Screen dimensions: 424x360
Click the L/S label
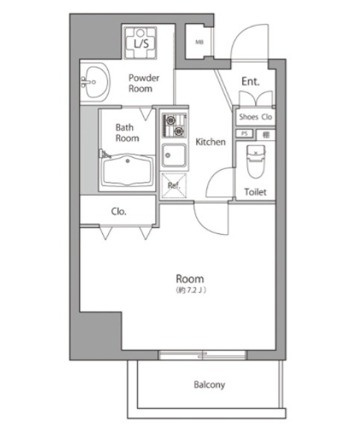pyautogui.click(x=139, y=45)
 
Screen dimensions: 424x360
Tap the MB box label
pyautogui.click(x=199, y=42)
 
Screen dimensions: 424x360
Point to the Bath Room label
pyautogui.click(x=127, y=133)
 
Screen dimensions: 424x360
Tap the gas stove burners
pyautogui.click(x=173, y=125)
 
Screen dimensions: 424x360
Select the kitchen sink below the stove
pyautogui.click(x=174, y=156)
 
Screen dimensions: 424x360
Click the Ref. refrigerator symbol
pyautogui.click(x=174, y=185)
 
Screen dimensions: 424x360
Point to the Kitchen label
pyautogui.click(x=210, y=142)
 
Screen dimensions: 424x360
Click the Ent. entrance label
pyautogui.click(x=250, y=82)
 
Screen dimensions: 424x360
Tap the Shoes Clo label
pyautogui.click(x=256, y=117)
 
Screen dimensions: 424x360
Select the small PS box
pyautogui.click(x=244, y=133)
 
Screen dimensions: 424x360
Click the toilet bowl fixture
pyautogui.click(x=256, y=162)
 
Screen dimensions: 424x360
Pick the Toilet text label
pyautogui.click(x=255, y=192)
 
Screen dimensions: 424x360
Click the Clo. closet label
pyautogui.click(x=119, y=211)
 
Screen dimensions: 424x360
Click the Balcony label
pyautogui.click(x=209, y=385)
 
